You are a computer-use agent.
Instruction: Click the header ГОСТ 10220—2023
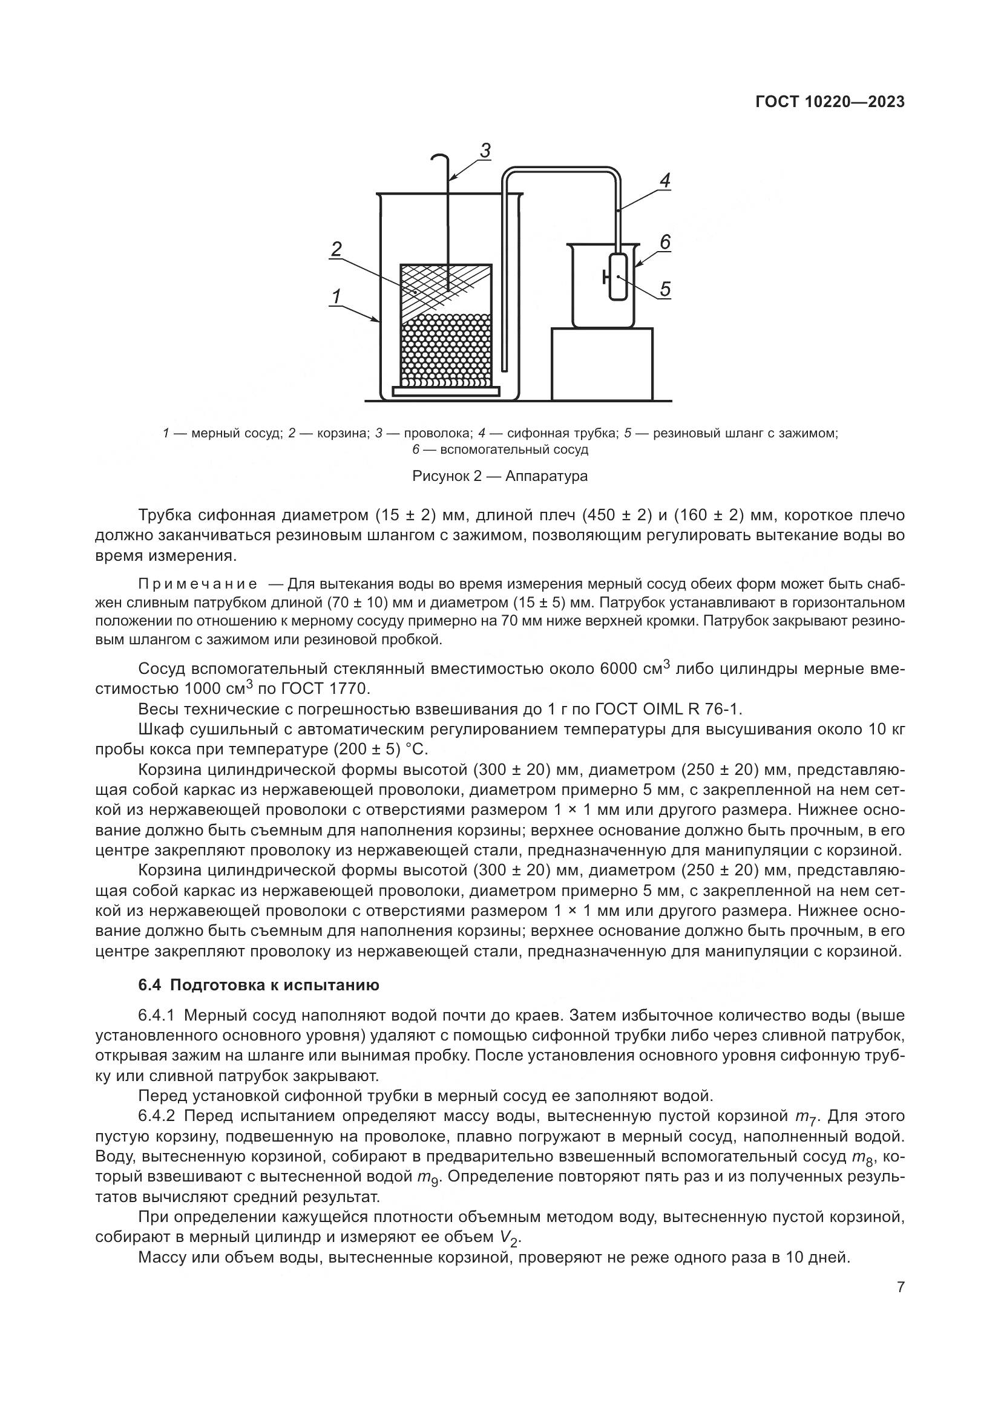(x=830, y=102)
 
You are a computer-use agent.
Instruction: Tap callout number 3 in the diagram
(x=485, y=151)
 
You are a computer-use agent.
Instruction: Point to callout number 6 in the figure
(x=665, y=242)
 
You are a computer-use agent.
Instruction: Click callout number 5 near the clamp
(x=665, y=289)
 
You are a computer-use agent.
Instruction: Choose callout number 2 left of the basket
(x=336, y=249)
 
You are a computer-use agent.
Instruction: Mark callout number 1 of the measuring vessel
(x=336, y=296)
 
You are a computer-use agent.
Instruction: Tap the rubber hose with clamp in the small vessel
(x=617, y=278)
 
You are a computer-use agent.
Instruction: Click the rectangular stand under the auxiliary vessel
(x=602, y=364)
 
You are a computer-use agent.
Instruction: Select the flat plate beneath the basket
(x=445, y=391)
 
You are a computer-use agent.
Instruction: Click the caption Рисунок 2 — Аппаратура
(x=500, y=475)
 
